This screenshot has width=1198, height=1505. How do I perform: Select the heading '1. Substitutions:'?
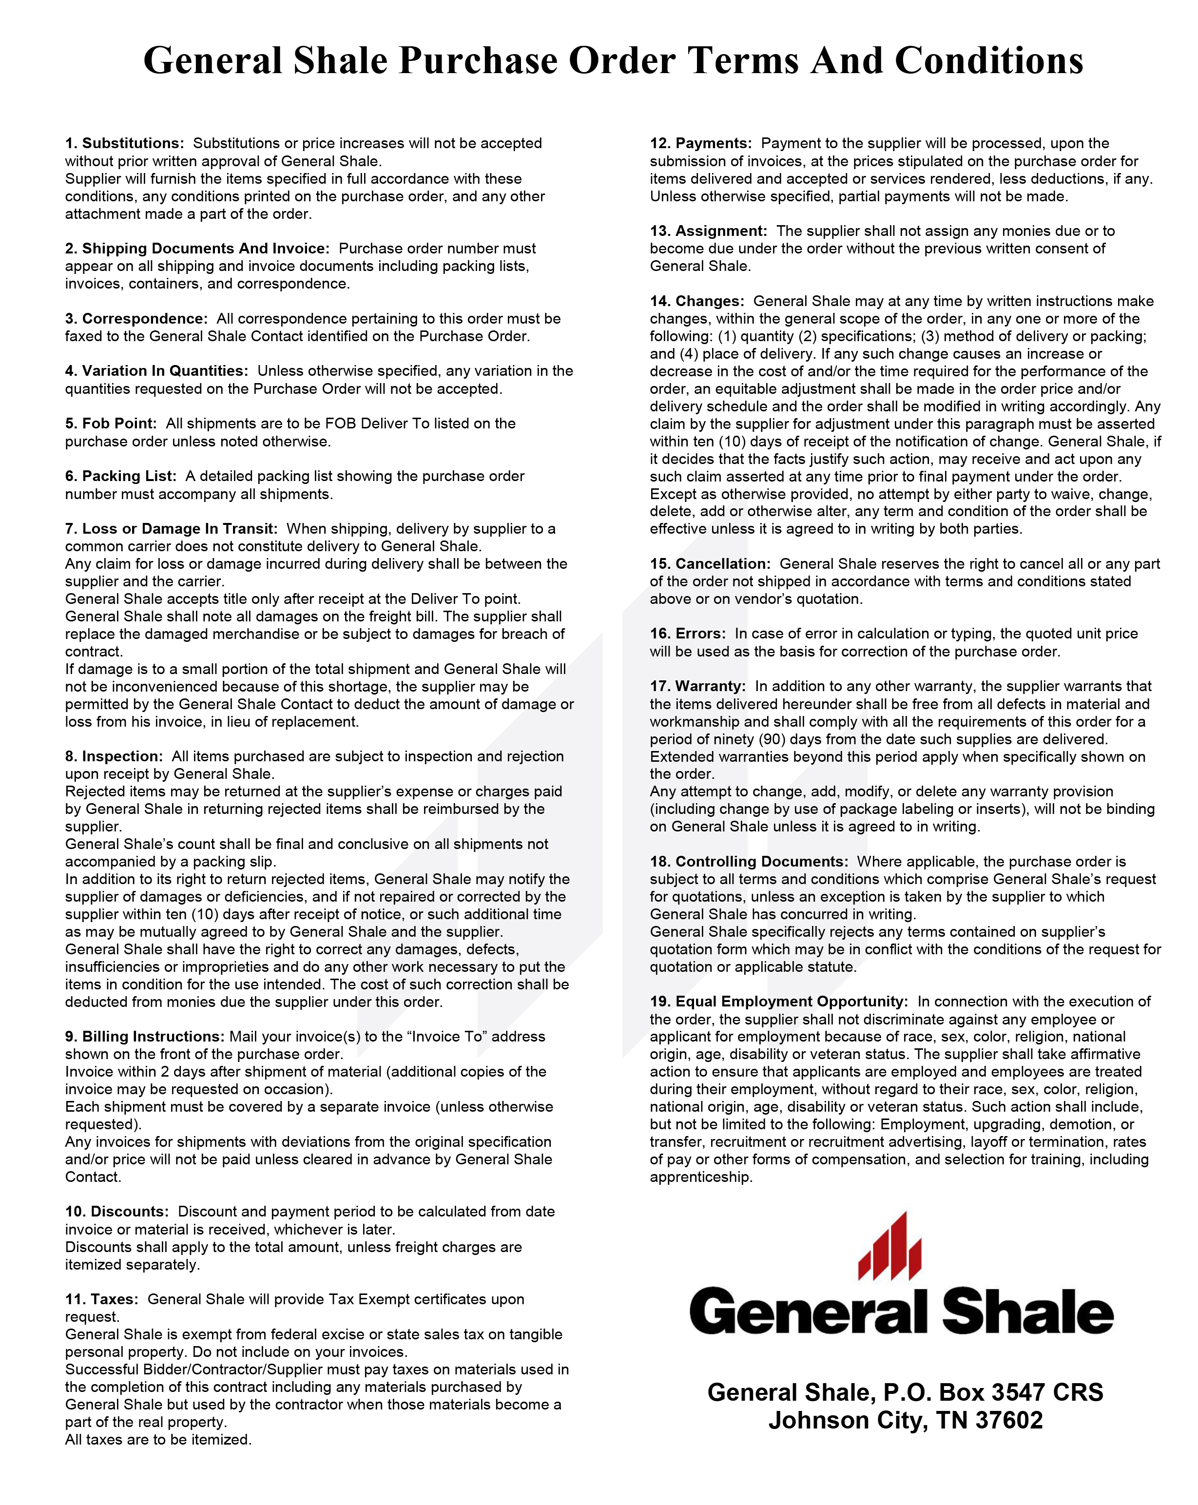click(x=124, y=143)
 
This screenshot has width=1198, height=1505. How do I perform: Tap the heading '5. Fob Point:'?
click(x=111, y=423)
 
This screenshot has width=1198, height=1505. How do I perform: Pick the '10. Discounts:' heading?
click(x=116, y=1211)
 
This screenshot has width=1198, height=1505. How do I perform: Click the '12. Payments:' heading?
click(x=700, y=143)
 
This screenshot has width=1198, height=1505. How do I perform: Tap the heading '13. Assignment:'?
click(x=708, y=231)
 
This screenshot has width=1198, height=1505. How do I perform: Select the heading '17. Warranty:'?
click(x=697, y=686)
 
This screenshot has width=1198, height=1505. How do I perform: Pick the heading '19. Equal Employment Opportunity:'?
click(x=778, y=1001)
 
